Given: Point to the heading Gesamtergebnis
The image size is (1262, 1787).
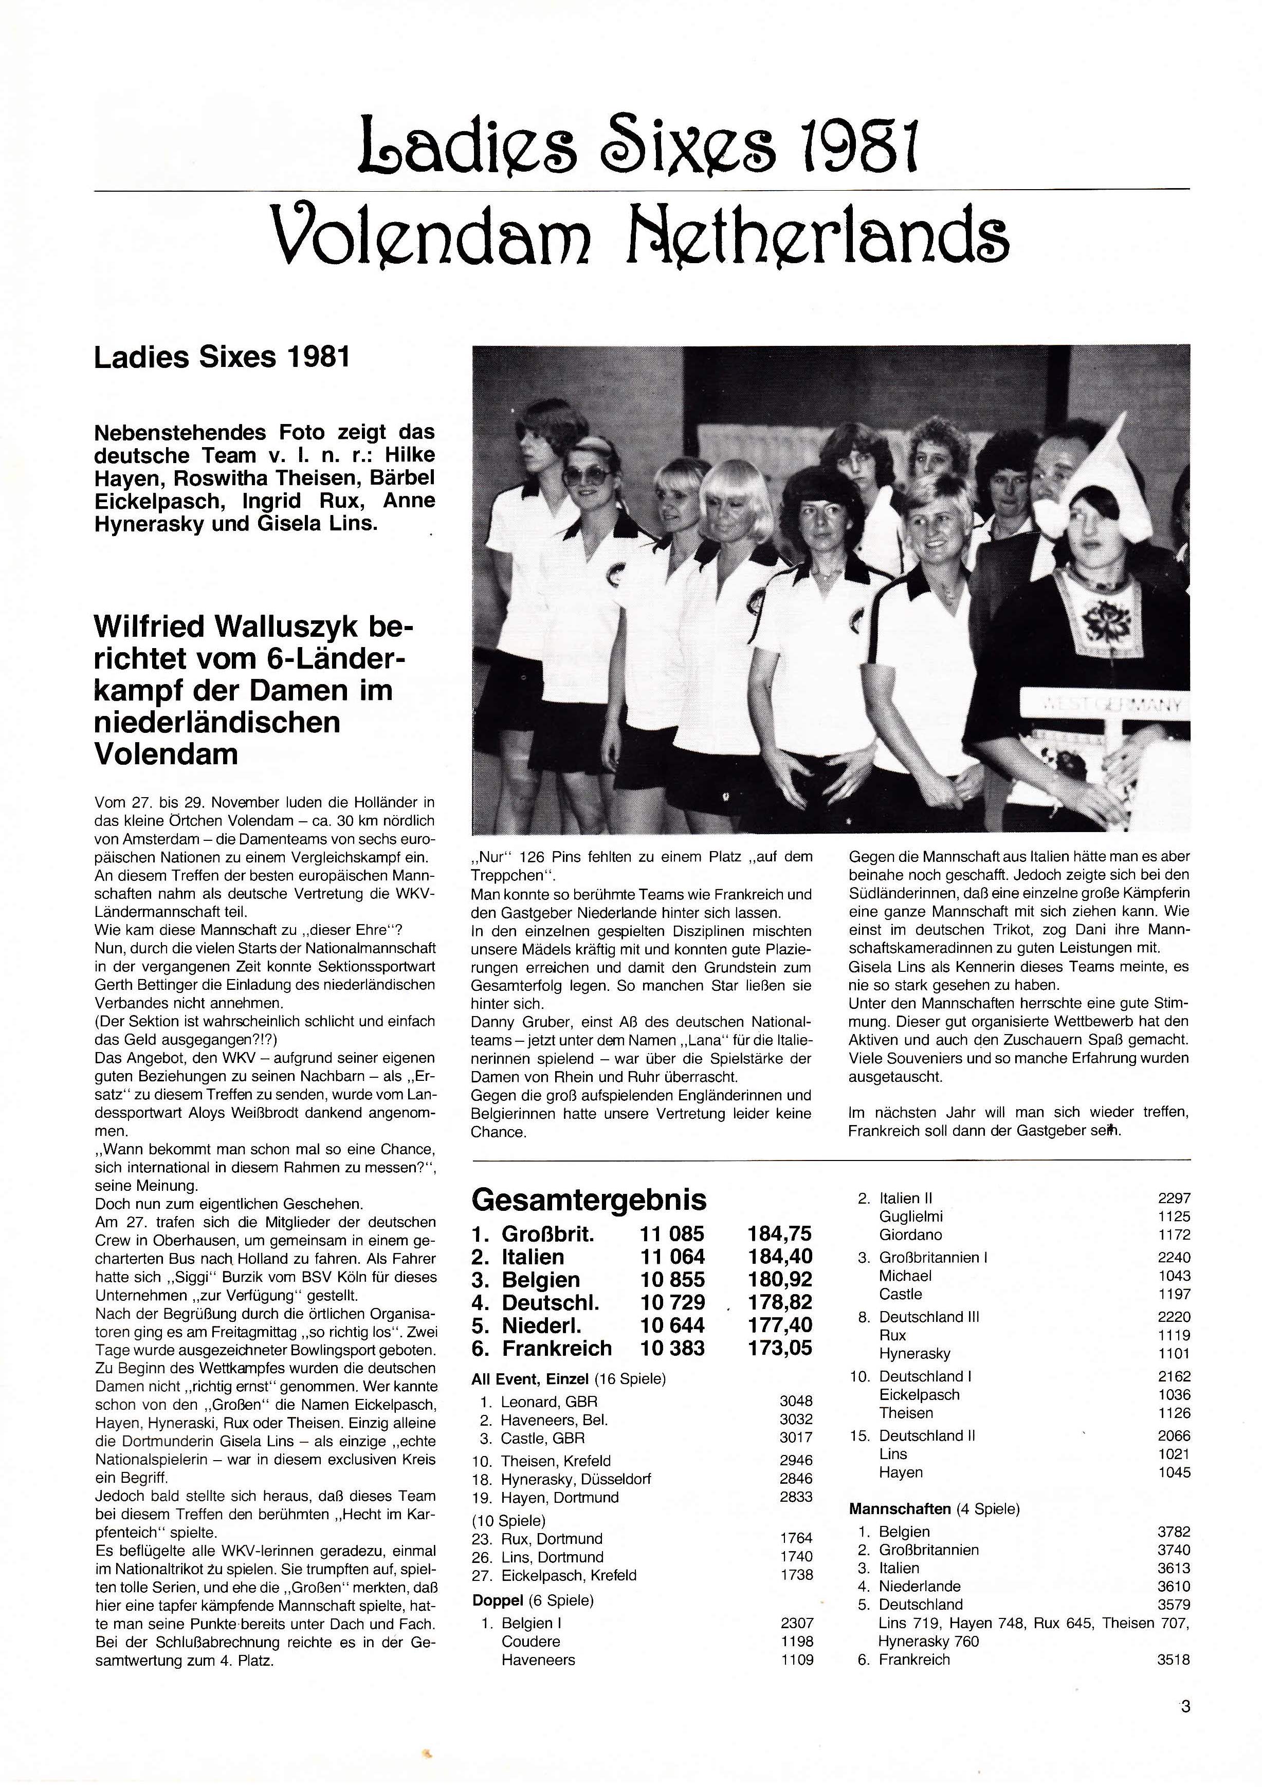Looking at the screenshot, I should click(589, 1200).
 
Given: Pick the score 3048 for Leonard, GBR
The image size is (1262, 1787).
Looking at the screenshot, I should click(796, 1401).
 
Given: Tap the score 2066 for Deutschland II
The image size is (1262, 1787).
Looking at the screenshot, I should click(1174, 1435).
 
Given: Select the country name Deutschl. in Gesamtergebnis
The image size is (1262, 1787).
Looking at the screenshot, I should click(550, 1302).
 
